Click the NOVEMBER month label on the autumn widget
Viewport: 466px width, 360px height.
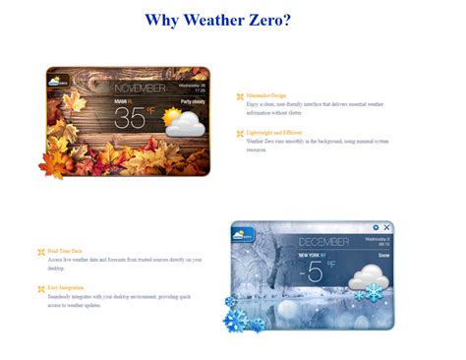point(140,88)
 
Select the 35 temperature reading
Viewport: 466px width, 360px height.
point(131,118)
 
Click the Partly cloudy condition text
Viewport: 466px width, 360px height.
point(193,101)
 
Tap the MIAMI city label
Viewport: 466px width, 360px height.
point(121,101)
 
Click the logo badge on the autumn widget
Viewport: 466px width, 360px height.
point(60,82)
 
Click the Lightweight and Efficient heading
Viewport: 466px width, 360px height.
point(274,132)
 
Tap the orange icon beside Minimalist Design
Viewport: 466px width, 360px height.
point(240,96)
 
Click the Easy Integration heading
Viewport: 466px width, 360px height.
point(67,287)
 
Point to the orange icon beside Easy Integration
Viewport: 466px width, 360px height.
point(40,288)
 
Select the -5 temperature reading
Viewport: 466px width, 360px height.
point(313,271)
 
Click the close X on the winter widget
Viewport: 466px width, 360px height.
point(386,228)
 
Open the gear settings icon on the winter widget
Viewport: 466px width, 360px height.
point(376,228)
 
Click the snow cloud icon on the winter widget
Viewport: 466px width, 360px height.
point(365,277)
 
